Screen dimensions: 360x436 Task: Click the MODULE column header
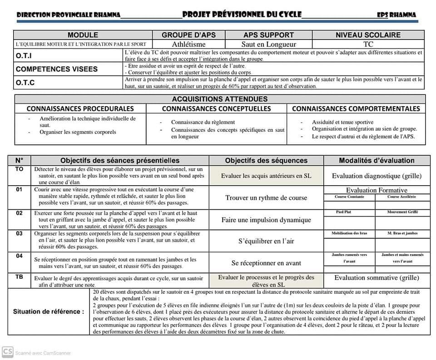tap(83, 35)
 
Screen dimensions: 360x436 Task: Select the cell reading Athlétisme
tap(188, 44)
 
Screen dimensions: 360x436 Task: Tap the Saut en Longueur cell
tap(269, 44)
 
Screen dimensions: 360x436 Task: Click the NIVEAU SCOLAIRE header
tap(368, 35)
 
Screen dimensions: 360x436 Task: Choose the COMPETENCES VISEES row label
tap(56, 69)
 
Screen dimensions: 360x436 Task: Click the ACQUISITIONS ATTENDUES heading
tap(220, 99)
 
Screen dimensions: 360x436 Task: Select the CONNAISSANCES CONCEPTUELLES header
tap(216, 108)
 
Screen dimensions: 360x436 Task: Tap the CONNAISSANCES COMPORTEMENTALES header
tap(356, 108)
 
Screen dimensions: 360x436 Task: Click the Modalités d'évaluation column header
tap(377, 160)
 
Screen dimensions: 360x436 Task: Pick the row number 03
tap(19, 233)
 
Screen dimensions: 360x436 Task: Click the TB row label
tap(19, 276)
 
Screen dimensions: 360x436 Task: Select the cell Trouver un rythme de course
tap(266, 198)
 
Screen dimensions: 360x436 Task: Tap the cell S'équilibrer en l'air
tap(266, 241)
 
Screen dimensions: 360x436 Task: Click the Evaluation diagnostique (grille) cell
tap(377, 176)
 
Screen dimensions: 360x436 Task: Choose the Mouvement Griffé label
tap(402, 212)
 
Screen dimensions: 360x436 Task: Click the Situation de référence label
tap(49, 311)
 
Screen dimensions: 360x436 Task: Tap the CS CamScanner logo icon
tap(7, 352)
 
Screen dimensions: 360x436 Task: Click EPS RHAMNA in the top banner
tap(396, 15)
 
